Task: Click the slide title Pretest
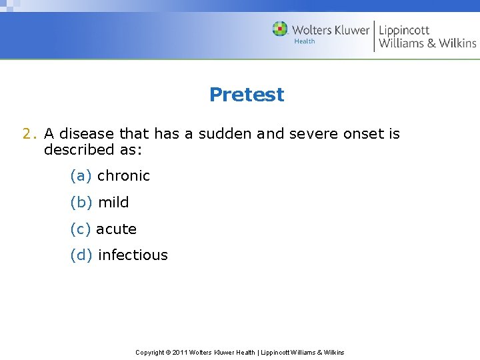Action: coord(246,95)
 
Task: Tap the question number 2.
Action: coord(27,134)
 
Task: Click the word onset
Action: coord(364,134)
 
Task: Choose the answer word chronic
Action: coord(123,176)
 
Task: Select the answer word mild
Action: coord(113,203)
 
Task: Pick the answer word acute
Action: coord(116,229)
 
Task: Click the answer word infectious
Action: coord(133,255)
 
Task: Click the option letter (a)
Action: coord(81,176)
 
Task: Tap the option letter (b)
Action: coord(81,203)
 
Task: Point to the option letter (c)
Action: coord(80,229)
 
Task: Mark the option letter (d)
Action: coord(81,255)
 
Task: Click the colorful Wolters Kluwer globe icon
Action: coord(280,29)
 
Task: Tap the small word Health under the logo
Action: coord(305,42)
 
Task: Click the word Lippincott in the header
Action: coord(404,30)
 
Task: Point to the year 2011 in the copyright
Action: coord(179,352)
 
